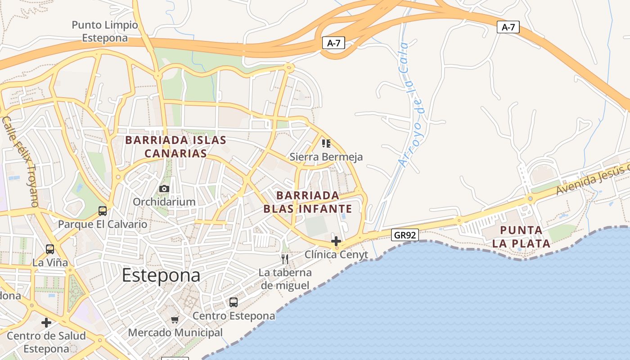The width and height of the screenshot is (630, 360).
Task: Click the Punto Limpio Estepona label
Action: pyautogui.click(x=105, y=31)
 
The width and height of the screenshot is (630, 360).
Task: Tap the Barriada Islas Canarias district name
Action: pyautogui.click(x=175, y=147)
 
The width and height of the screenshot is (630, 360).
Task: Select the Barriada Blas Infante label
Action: pyautogui.click(x=308, y=202)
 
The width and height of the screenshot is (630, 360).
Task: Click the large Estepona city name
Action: pyautogui.click(x=161, y=275)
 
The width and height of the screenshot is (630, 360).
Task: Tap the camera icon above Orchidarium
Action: pyautogui.click(x=164, y=189)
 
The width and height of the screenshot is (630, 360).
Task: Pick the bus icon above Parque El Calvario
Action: pyautogui.click(x=103, y=211)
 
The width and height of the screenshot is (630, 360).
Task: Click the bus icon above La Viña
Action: pyautogui.click(x=50, y=249)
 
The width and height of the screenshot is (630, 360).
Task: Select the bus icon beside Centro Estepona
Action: pyautogui.click(x=233, y=302)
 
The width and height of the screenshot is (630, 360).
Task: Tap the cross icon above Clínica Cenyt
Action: pyautogui.click(x=336, y=241)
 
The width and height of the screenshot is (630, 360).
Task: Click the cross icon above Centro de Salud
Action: pyautogui.click(x=46, y=322)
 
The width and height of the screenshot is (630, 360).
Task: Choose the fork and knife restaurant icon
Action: pyautogui.click(x=284, y=259)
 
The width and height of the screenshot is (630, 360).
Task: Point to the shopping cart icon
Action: pyautogui.click(x=175, y=319)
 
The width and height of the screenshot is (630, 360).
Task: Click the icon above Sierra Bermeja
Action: pyautogui.click(x=326, y=144)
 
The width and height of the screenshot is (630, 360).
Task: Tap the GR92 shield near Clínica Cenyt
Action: pyautogui.click(x=405, y=234)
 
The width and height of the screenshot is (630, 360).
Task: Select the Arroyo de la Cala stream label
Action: pyautogui.click(x=410, y=104)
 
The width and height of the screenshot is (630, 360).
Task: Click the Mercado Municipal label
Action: pyautogui.click(x=175, y=333)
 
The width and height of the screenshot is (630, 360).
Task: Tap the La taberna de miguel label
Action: pyautogui.click(x=286, y=279)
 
